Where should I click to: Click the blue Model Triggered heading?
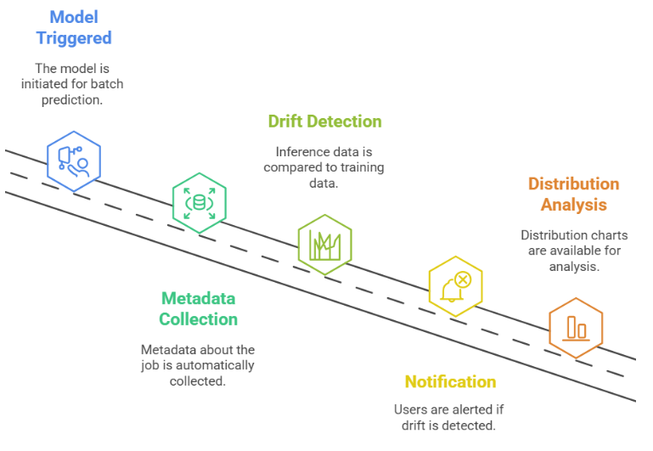pyautogui.click(x=74, y=27)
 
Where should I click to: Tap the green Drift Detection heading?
pyautogui.click(x=324, y=121)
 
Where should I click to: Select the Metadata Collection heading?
pyautogui.click(x=199, y=309)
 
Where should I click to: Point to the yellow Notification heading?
pyautogui.click(x=450, y=381)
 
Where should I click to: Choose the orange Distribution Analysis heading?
pyautogui.click(x=573, y=194)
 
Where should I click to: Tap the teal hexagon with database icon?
pyautogui.click(x=200, y=202)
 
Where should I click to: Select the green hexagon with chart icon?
pyautogui.click(x=324, y=245)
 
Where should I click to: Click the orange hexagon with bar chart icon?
pyautogui.click(x=576, y=327)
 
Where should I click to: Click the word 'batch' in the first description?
pyautogui.click(x=109, y=83)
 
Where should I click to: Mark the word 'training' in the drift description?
pyautogui.click(x=362, y=167)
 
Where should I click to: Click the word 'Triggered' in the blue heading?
pyautogui.click(x=74, y=38)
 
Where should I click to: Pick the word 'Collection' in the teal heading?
pyautogui.click(x=199, y=319)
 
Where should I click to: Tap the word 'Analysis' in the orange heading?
pyautogui.click(x=573, y=204)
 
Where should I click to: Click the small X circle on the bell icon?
pyautogui.click(x=463, y=279)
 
